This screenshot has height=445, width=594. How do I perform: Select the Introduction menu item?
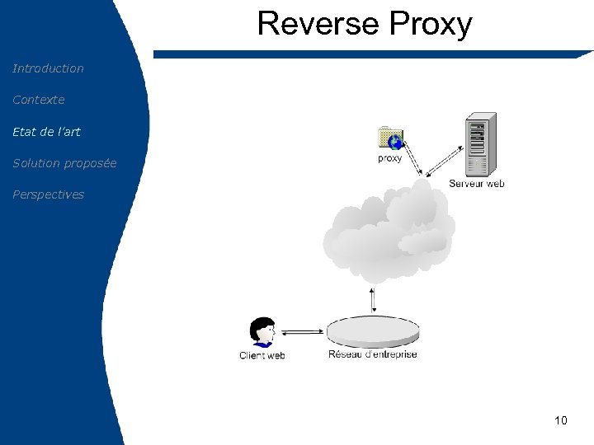[48, 68]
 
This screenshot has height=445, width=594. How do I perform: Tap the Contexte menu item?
[38, 100]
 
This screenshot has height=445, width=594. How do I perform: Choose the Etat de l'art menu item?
[46, 131]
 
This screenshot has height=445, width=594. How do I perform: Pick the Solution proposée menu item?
[64, 163]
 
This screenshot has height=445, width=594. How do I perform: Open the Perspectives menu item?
[48, 194]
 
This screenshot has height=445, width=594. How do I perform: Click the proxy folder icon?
[389, 138]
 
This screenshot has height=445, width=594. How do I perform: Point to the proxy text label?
[389, 158]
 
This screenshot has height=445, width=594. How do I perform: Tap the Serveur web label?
[476, 184]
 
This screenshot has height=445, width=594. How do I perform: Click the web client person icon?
[263, 333]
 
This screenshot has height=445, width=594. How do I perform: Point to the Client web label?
[262, 355]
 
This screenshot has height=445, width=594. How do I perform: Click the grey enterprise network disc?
[373, 333]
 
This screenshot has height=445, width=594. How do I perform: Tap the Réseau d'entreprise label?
[373, 354]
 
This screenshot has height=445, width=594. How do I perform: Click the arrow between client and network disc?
[303, 333]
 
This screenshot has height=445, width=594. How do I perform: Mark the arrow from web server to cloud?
[444, 161]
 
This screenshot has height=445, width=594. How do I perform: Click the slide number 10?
[561, 421]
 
